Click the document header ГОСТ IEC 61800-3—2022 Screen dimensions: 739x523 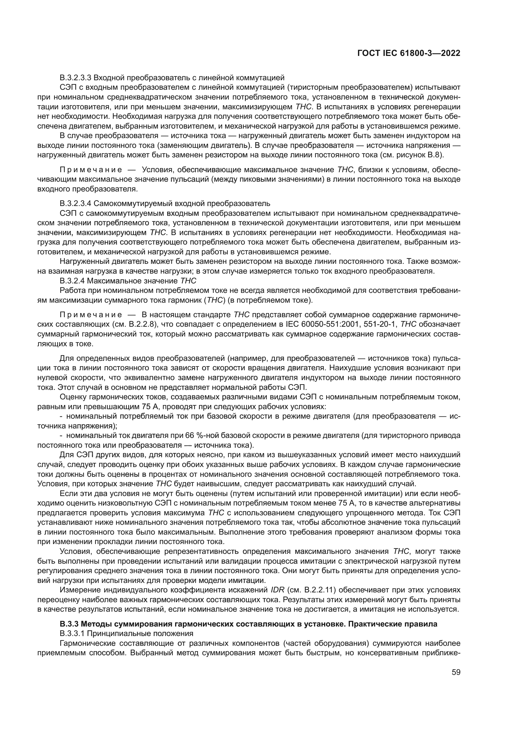(x=409, y=53)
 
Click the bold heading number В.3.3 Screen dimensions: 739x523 (x=69, y=624)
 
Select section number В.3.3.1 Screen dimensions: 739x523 (x=71, y=633)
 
